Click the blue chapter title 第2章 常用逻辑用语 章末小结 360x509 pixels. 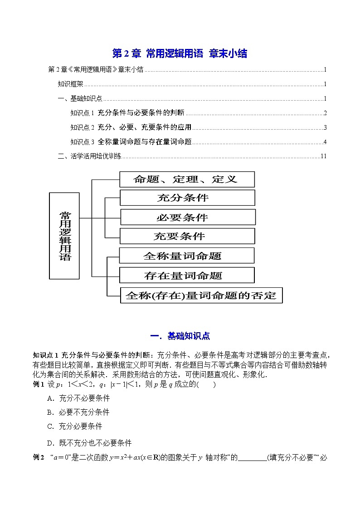click(180, 53)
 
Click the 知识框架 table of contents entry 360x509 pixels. click(70, 84)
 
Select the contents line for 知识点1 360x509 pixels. click(128, 113)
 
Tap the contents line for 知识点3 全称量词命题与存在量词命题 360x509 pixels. click(131, 142)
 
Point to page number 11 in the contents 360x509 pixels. click(323, 156)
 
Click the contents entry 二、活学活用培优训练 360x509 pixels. click(90, 156)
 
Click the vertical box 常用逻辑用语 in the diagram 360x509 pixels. click(64, 235)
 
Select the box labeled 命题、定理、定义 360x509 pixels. click(187, 179)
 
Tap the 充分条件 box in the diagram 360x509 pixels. click(187, 198)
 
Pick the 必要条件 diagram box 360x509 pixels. click(187, 217)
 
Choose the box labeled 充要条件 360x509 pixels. click(187, 236)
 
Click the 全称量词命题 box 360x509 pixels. click(186, 256)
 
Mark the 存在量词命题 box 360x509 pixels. click(186, 275)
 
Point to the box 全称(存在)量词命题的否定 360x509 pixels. click(200, 295)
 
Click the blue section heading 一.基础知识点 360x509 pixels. click(180, 336)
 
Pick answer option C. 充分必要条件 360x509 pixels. click(74, 426)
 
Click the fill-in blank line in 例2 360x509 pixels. click(252, 458)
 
